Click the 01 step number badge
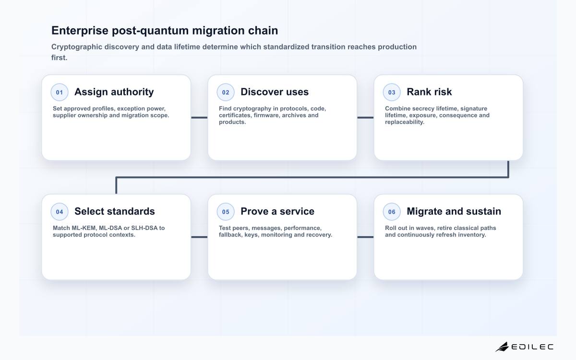click(x=60, y=92)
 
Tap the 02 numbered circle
click(x=226, y=92)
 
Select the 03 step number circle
click(x=392, y=92)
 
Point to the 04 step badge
click(x=60, y=212)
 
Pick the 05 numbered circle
click(x=226, y=212)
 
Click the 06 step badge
click(x=392, y=212)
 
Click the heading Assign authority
click(x=114, y=92)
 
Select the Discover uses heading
click(x=275, y=92)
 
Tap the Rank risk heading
click(x=429, y=92)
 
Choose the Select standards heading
click(x=115, y=211)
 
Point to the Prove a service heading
click(x=277, y=211)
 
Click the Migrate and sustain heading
click(x=454, y=212)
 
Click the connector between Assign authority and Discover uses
click(x=199, y=118)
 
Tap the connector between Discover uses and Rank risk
click(x=365, y=118)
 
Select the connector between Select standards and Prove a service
click(x=199, y=237)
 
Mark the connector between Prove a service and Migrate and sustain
click(x=365, y=237)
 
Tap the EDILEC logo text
click(x=532, y=347)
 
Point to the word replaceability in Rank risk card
click(x=405, y=122)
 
